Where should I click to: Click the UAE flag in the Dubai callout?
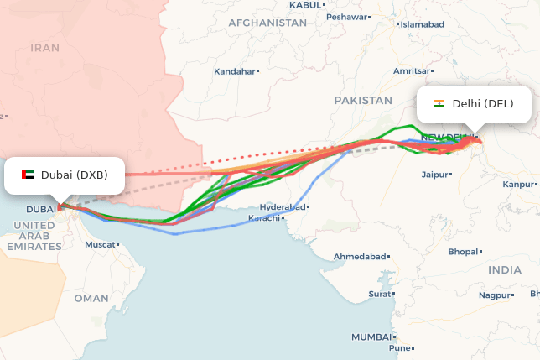tap(27, 175)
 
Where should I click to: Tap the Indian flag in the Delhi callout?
tap(439, 104)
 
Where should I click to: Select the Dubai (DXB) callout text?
tap(74, 175)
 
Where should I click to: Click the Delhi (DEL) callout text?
tap(482, 104)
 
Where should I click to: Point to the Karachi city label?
tap(264, 218)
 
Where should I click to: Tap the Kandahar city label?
tap(234, 71)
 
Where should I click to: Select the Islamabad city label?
tap(422, 24)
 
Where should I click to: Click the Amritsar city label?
tap(412, 71)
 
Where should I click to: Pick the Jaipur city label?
tap(434, 175)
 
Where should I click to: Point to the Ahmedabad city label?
tap(360, 256)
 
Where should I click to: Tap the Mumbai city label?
tap(371, 337)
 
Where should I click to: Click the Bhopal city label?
tap(463, 252)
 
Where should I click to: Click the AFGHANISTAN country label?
tap(267, 23)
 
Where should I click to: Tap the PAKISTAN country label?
tap(363, 100)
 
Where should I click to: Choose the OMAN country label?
tap(91, 298)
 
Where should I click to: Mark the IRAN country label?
tap(45, 48)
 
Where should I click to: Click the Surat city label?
tap(380, 294)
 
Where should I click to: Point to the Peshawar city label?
tap(347, 17)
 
